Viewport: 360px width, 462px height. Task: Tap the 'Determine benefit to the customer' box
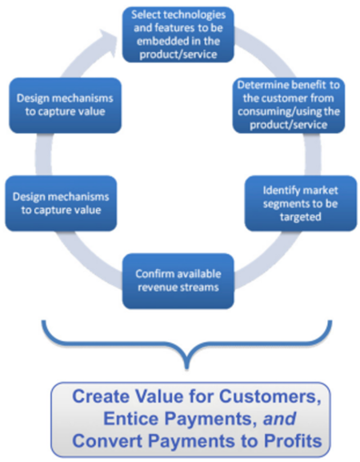[x=290, y=105]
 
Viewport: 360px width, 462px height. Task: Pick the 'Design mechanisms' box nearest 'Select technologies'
[x=63, y=105]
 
